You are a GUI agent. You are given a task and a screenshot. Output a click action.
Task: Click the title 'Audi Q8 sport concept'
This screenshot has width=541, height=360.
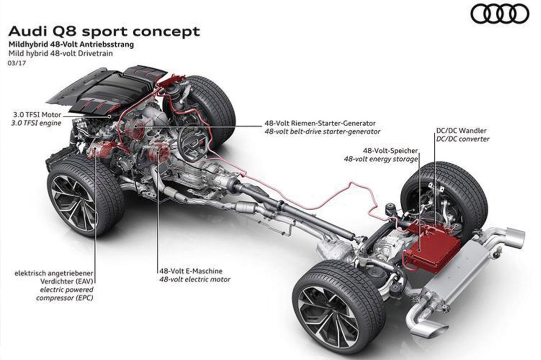click(105, 32)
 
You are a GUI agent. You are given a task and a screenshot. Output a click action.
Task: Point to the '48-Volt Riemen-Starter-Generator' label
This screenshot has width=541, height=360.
click(320, 123)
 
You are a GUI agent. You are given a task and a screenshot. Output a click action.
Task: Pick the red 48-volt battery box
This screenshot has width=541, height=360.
click(432, 249)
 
